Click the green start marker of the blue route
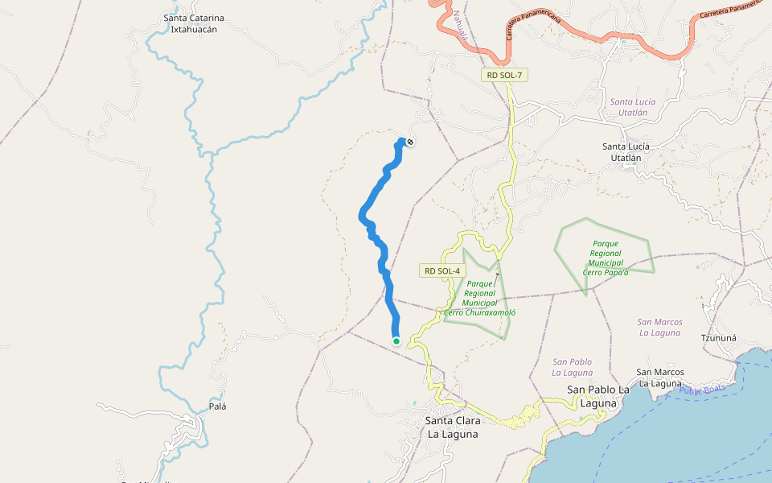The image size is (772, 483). (396, 341)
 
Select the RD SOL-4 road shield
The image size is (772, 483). (441, 271)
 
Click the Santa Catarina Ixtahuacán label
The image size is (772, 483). (194, 23)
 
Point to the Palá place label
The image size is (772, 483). (217, 407)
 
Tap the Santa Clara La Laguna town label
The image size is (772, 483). (452, 427)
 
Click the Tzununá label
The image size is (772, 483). (719, 338)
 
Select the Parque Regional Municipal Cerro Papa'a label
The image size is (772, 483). (606, 258)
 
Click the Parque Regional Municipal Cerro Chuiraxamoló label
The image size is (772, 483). (480, 298)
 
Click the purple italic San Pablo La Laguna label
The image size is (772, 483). (573, 367)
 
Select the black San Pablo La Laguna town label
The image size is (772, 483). (598, 395)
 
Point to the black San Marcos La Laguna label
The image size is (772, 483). (660, 377)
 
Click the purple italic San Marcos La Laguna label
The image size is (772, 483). (659, 327)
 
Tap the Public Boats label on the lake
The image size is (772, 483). (701, 390)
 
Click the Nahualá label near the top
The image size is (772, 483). (459, 25)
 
